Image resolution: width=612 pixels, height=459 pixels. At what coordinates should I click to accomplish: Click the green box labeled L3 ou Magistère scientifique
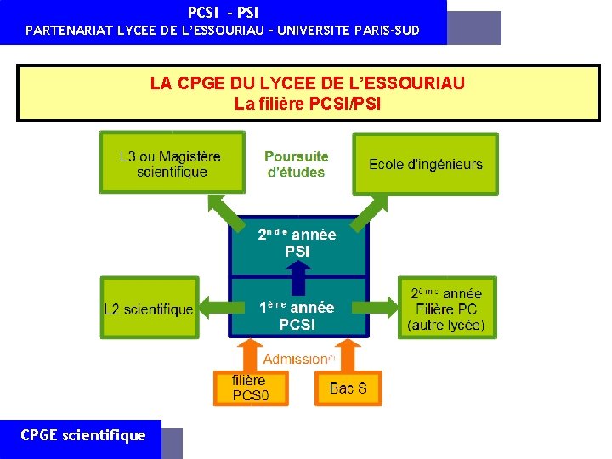coord(171,164)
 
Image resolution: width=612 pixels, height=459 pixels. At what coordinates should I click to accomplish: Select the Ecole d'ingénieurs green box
coord(425,164)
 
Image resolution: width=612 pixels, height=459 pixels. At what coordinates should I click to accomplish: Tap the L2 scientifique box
coord(148,309)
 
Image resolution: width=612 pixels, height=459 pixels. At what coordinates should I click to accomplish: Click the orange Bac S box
coord(348,388)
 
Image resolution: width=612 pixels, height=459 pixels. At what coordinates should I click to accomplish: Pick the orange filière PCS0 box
coord(250,388)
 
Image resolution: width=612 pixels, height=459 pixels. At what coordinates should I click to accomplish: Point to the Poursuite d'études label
coord(296,164)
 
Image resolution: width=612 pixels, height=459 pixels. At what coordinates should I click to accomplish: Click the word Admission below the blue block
coord(295,360)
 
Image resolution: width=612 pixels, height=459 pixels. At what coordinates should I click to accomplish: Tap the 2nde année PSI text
coord(297,243)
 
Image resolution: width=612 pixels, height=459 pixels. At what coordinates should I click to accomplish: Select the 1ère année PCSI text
coord(297,315)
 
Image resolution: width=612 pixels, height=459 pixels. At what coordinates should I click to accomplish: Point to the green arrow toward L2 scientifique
coord(213,309)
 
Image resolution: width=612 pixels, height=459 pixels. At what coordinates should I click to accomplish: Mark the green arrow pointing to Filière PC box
coord(384,309)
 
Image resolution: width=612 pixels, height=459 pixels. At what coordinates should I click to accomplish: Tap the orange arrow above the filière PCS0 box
coord(249,354)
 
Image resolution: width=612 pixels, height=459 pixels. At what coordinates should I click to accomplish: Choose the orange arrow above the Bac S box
coord(346,354)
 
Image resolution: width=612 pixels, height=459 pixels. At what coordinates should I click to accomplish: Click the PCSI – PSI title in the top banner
coord(223,13)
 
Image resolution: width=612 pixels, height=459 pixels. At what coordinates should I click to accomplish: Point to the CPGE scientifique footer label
coord(82,435)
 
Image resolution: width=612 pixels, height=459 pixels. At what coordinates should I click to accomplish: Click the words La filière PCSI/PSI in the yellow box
coord(308,105)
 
